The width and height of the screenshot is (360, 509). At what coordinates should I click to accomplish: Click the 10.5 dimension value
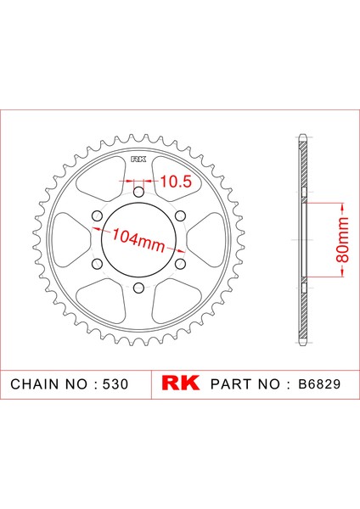click(x=176, y=182)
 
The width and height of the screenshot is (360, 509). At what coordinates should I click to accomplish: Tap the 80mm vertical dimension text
click(x=342, y=240)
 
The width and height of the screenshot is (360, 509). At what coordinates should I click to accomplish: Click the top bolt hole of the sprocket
click(x=138, y=193)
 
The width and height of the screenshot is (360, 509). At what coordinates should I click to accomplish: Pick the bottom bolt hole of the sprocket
click(x=138, y=288)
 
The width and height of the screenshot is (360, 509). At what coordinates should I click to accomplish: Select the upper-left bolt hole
click(x=97, y=215)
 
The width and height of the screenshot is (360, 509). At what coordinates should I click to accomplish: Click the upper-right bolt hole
click(x=180, y=215)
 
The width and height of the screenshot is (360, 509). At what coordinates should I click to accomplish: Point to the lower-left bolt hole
click(x=97, y=264)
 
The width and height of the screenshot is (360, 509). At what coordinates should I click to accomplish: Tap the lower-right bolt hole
click(x=180, y=264)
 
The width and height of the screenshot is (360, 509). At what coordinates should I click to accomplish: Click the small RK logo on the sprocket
click(x=138, y=159)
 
